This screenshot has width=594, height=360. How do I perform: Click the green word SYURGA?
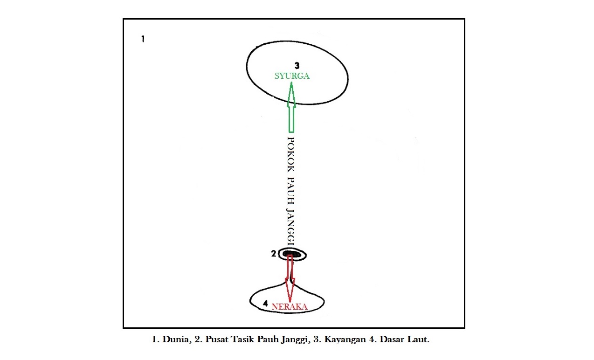[x=292, y=76]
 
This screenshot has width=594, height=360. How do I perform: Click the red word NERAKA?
[x=290, y=306]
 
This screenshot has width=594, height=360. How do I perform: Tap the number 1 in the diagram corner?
[x=143, y=39]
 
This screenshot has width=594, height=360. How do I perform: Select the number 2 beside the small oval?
[x=274, y=254]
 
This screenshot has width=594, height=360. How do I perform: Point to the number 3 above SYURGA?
[x=296, y=66]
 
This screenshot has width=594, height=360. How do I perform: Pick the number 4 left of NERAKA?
[x=265, y=304]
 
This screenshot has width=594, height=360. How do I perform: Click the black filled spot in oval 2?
[x=293, y=254]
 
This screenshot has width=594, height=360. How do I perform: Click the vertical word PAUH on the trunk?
[x=290, y=192]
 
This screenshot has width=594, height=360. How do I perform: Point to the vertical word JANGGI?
[x=290, y=226]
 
